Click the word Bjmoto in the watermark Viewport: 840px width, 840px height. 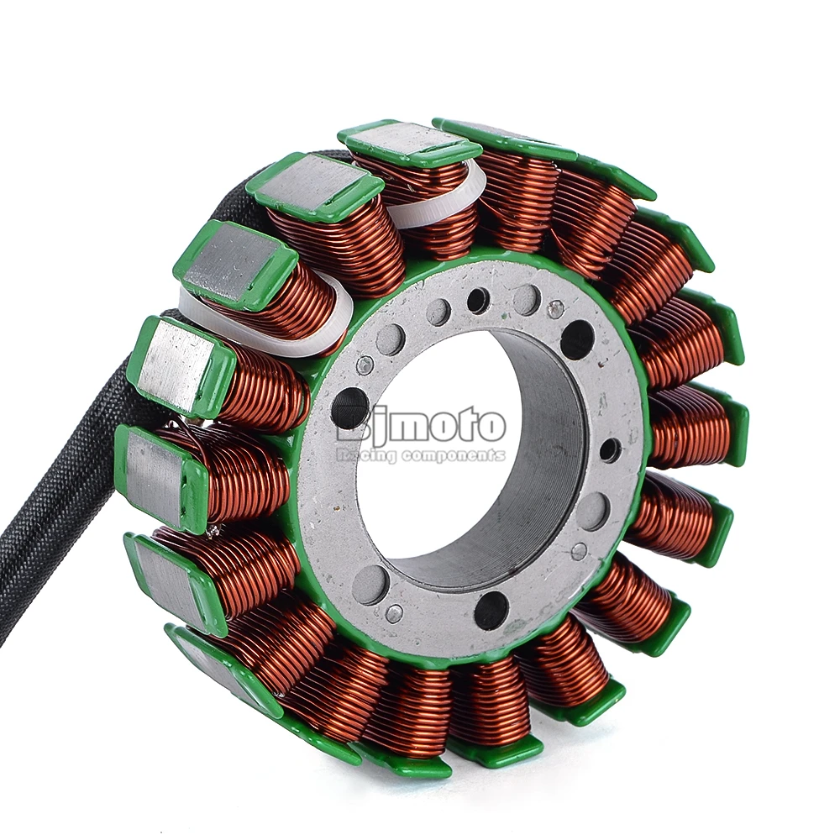(417, 425)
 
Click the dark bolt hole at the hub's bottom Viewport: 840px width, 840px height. (491, 605)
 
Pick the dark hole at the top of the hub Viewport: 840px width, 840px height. (478, 300)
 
